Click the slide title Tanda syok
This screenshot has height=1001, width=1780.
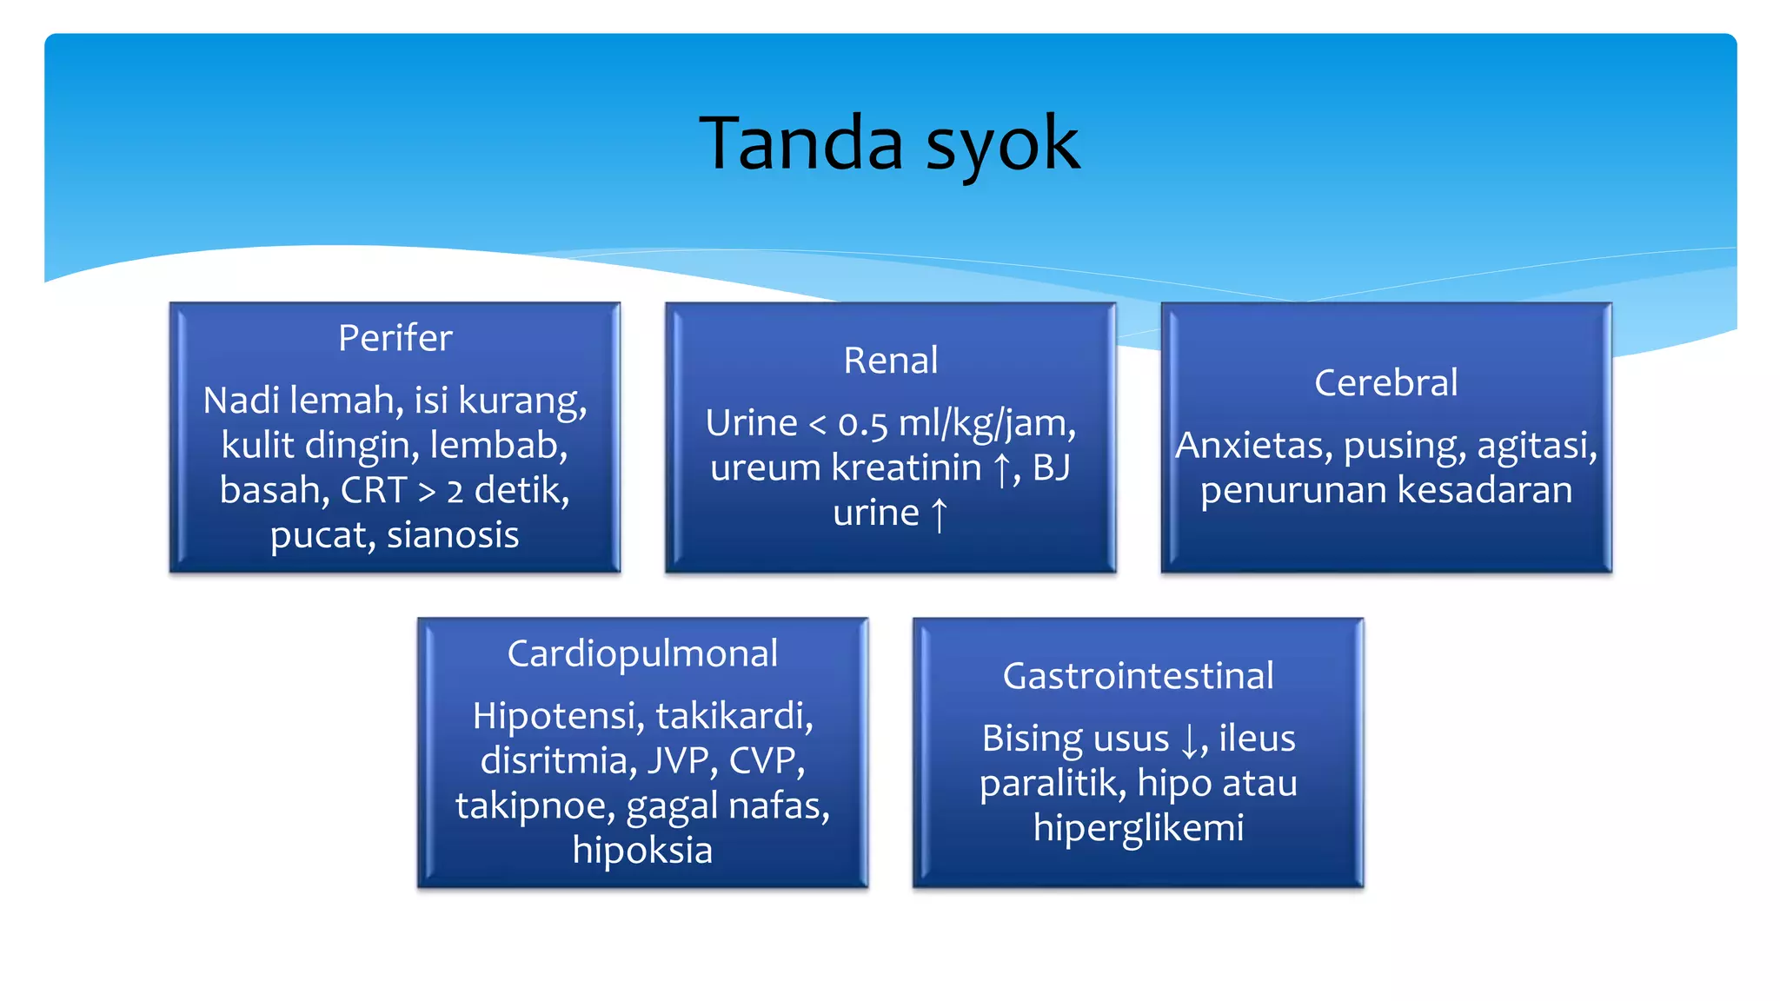coord(889,143)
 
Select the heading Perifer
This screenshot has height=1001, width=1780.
coord(395,338)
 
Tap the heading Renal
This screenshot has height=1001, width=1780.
coord(890,361)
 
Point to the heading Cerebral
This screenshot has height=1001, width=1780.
coord(1385,383)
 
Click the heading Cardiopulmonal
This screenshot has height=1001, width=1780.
coord(642,653)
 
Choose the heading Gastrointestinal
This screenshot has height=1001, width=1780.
coord(1138,676)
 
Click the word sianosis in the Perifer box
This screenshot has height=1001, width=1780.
coord(453,535)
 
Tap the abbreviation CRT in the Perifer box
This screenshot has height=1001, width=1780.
coord(374,490)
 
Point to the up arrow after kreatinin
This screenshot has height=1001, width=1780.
coord(1001,469)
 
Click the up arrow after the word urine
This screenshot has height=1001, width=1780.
coord(939,514)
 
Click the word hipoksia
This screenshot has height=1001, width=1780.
coord(642,851)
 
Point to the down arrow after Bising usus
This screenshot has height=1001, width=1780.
coord(1189,740)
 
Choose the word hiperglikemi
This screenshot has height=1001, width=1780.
coord(1138,828)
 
